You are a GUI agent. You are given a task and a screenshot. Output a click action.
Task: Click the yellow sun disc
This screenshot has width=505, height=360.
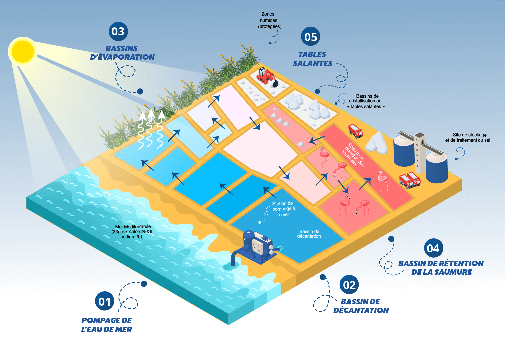(23, 51)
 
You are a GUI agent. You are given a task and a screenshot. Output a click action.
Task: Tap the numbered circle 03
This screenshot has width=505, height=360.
(118, 31)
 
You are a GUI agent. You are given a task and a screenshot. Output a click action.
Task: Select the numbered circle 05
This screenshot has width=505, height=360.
(310, 36)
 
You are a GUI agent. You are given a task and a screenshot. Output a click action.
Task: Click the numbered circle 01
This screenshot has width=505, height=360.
(105, 301)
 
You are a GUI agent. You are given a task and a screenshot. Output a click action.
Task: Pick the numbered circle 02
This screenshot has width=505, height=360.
(349, 284)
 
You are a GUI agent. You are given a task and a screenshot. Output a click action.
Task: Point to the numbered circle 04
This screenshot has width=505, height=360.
(433, 248)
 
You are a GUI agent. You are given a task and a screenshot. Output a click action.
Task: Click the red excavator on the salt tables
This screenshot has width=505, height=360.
(267, 77)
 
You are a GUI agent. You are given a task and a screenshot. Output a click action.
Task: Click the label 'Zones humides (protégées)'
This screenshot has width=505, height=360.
(269, 20)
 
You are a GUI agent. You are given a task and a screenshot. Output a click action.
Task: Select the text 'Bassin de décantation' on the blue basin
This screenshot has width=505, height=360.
(309, 234)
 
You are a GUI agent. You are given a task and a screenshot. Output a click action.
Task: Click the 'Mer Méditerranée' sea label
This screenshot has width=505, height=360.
(132, 232)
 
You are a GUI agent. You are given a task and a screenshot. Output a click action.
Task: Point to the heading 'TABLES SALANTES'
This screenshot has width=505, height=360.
(312, 59)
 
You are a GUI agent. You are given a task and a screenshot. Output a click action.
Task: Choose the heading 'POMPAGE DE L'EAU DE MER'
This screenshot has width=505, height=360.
(107, 325)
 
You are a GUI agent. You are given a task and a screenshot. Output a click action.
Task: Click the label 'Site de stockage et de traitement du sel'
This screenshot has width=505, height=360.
(468, 137)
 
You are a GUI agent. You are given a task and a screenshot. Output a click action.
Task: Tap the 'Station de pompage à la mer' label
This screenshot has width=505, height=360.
(283, 209)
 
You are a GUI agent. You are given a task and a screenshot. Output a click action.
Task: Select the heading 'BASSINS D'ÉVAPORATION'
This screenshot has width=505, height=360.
(122, 53)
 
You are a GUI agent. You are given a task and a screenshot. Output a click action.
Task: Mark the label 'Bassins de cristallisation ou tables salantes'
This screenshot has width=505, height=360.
(366, 101)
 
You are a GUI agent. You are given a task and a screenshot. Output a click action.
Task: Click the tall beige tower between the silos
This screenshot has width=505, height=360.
(420, 153)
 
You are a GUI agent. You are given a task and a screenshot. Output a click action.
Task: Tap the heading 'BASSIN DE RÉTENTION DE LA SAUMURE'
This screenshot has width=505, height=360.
(441, 267)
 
